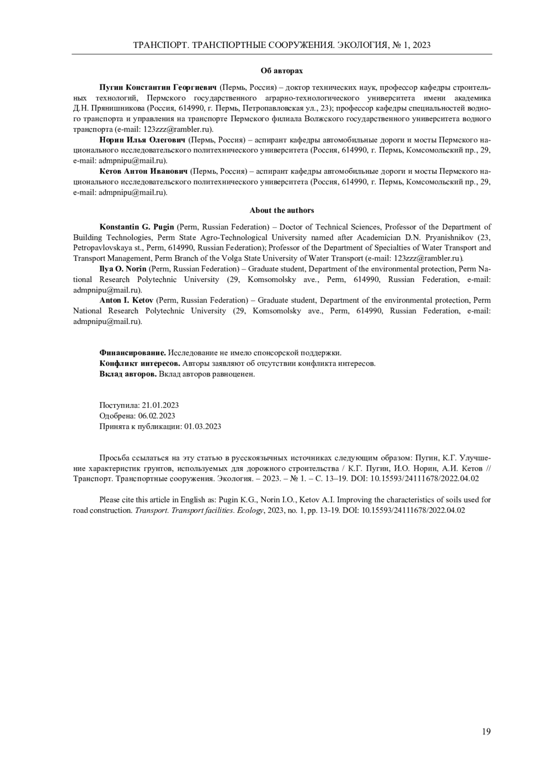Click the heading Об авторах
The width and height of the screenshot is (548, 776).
pos(281,71)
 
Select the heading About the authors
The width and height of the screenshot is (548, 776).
pos(281,210)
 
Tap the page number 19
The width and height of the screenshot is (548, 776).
pos(486,732)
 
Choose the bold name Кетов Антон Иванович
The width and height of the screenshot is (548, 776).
pos(143,171)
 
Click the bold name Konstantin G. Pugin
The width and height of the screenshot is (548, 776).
pos(137,227)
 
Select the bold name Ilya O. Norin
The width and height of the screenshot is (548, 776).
pos(123,269)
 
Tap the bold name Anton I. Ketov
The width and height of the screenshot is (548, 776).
pos(127,300)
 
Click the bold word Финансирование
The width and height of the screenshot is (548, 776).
pos(132,353)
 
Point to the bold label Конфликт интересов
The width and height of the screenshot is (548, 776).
pos(140,363)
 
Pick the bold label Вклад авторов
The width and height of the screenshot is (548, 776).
pos(128,374)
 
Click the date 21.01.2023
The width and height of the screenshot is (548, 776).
pos(160,405)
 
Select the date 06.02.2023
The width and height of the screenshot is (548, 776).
pos(157,416)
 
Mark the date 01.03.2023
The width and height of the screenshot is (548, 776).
pos(203,426)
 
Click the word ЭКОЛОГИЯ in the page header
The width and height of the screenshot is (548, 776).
pos(360,45)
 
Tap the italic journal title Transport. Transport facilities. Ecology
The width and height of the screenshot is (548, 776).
pos(200,510)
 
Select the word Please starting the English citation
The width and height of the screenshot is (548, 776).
pos(110,500)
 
